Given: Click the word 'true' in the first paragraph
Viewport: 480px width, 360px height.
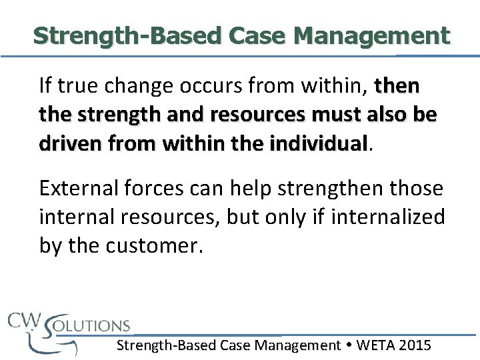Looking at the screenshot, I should click(x=75, y=86).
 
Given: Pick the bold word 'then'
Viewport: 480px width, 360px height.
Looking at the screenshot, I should click(x=398, y=86).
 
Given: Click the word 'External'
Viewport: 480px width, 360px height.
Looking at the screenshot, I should click(x=79, y=189).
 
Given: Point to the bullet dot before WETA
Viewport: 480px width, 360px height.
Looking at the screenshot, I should click(x=349, y=345).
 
